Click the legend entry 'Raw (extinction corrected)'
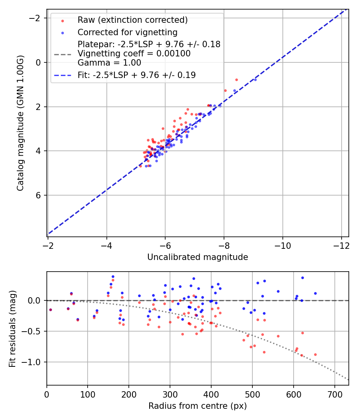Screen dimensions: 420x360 pyautogui.click(x=132, y=20)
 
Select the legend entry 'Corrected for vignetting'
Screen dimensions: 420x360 pyautogui.click(x=128, y=32)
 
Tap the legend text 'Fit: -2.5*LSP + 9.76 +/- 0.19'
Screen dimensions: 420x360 pyautogui.click(x=136, y=75)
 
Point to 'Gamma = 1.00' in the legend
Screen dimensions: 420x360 pyautogui.click(x=109, y=62)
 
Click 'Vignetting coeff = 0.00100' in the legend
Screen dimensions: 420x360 pyautogui.click(x=134, y=53)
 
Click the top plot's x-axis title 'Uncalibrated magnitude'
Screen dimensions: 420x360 pyautogui.click(x=198, y=257)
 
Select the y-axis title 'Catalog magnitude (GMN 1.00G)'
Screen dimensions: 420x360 pyautogui.click(x=20, y=123)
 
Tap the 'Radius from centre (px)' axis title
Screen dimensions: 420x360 pyautogui.click(x=198, y=406)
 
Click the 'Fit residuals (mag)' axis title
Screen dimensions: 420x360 pyautogui.click(x=12, y=328)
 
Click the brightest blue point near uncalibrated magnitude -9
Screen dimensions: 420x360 pyautogui.click(x=255, y=80)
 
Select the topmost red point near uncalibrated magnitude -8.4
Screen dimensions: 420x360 pyautogui.click(x=236, y=80)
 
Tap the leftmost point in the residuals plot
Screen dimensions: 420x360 pyautogui.click(x=50, y=310)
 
